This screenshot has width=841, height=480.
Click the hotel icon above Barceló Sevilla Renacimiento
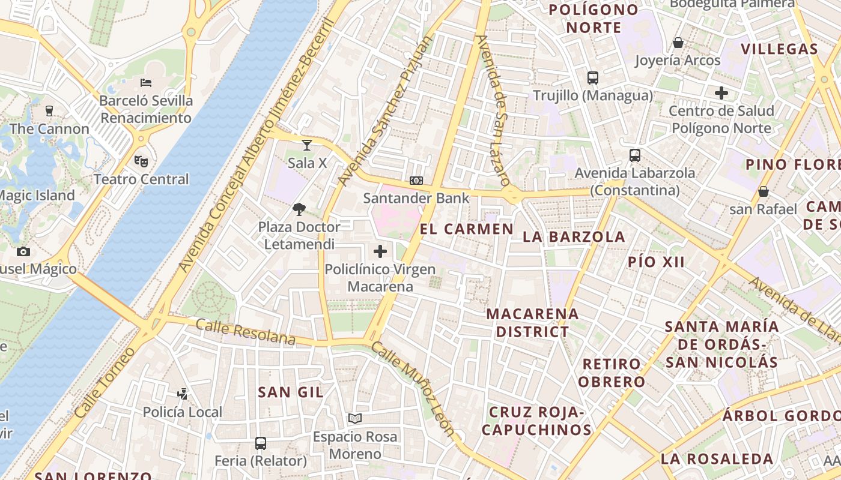point(145,83)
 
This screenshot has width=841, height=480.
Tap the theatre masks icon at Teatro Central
point(141,161)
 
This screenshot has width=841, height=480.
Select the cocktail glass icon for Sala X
point(307,145)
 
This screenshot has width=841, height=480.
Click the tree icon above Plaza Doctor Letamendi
point(299,209)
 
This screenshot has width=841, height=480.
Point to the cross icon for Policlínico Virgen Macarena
point(380,251)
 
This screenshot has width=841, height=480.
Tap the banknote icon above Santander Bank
point(416,181)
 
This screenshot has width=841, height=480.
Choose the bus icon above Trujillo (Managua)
point(593,77)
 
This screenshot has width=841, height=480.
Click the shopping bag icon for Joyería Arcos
point(678,43)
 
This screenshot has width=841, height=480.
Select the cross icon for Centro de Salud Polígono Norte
point(721,93)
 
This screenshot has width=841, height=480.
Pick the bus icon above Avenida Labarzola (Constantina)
point(635,155)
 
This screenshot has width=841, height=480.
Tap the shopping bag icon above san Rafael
point(763,191)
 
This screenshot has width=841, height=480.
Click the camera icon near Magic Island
point(23,251)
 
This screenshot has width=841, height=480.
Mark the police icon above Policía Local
point(183,394)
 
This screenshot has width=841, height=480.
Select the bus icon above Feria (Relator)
point(261,443)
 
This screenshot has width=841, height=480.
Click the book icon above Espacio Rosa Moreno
point(355,418)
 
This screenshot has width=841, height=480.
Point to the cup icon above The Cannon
point(49,111)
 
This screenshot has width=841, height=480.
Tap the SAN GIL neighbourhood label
point(291,392)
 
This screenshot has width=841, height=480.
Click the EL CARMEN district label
point(467,229)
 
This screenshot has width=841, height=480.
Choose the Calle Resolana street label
point(246,332)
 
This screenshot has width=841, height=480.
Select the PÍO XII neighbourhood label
point(657,262)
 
